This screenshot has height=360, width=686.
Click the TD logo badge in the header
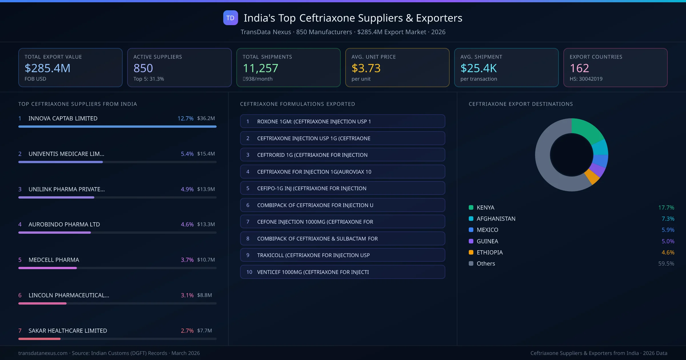(x=230, y=18)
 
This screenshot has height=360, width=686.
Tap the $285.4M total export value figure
(x=47, y=68)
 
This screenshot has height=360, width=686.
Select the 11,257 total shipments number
(x=260, y=68)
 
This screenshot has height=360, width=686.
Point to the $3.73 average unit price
(x=366, y=68)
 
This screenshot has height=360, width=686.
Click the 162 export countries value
(x=579, y=68)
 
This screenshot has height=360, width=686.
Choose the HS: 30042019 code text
(x=586, y=79)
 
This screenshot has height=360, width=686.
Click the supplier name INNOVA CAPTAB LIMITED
(x=63, y=118)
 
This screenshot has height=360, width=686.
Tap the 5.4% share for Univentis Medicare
(x=187, y=154)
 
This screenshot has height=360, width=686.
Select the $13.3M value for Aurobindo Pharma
(x=206, y=224)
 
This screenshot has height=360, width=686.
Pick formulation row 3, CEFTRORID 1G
(x=342, y=155)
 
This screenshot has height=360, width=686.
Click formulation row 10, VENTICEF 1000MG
(x=342, y=272)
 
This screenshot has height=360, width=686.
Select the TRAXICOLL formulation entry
(x=342, y=255)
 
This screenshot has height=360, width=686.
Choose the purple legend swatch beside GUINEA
(x=471, y=241)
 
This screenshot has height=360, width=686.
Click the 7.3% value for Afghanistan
(x=668, y=219)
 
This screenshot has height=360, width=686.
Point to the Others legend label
(x=486, y=263)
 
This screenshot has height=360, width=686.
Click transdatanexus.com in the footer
(x=43, y=353)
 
